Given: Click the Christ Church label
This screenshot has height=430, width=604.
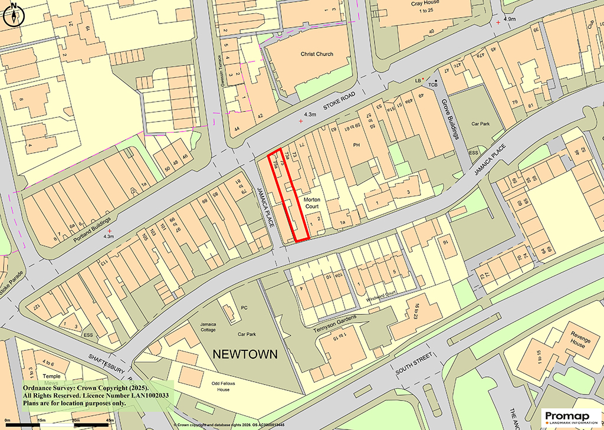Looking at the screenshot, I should [317, 54].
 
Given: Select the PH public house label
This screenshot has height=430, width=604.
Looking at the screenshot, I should [356, 145].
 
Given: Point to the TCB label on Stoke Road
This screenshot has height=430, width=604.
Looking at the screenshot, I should [433, 85].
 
